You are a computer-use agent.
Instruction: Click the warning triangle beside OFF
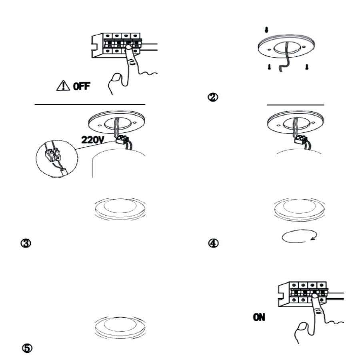click(63, 86)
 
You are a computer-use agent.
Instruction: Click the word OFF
click(82, 86)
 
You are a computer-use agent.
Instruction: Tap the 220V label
click(93, 140)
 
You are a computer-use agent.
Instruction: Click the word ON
click(259, 317)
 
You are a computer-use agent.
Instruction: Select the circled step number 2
click(213, 97)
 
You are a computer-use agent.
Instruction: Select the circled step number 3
click(26, 243)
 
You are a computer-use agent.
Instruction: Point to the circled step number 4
click(213, 243)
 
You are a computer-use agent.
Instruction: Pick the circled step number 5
click(27, 348)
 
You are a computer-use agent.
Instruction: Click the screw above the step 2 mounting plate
click(266, 30)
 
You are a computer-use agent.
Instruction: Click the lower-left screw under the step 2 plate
click(269, 67)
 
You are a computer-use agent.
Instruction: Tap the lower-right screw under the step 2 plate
click(306, 67)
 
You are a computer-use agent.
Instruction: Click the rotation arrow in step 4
click(300, 236)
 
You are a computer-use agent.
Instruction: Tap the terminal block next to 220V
click(121, 139)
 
